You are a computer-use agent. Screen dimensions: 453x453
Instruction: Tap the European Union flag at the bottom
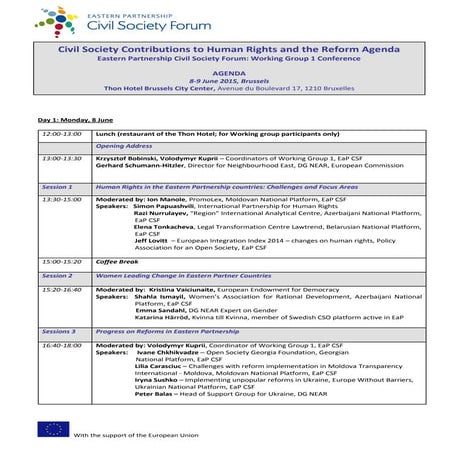pos(50,429)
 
